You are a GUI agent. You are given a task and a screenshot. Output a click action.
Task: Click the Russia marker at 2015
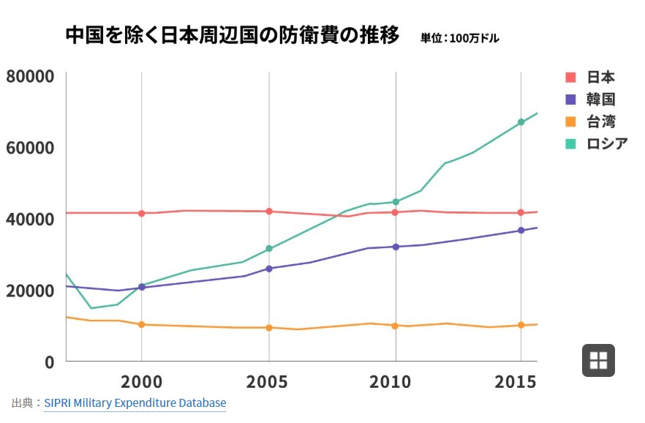click(x=521, y=122)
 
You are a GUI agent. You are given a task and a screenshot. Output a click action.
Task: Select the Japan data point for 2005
click(x=269, y=211)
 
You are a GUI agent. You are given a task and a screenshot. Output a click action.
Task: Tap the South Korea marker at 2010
click(x=396, y=247)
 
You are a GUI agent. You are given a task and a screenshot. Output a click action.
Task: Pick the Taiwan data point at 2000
click(x=142, y=325)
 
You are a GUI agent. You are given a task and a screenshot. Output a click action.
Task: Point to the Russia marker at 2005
click(x=269, y=249)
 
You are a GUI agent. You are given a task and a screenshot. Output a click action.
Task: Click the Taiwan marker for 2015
click(x=521, y=325)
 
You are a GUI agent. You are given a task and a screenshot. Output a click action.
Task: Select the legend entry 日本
click(x=590, y=77)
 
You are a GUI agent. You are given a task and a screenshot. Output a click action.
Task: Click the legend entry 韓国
click(x=590, y=100)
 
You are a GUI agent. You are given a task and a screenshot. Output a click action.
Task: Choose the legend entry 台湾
click(x=590, y=121)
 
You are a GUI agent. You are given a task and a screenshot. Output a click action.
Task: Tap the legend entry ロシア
click(x=597, y=143)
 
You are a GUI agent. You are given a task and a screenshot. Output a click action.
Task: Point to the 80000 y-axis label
click(x=30, y=77)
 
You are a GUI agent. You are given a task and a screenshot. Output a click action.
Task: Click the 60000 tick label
click(x=30, y=148)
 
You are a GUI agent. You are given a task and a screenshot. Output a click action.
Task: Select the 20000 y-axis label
click(x=30, y=291)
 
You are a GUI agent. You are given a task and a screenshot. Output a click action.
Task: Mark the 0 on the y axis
click(x=50, y=362)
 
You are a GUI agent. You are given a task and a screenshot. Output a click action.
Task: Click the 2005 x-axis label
click(x=266, y=382)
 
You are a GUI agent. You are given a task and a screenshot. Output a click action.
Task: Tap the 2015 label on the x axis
click(x=516, y=382)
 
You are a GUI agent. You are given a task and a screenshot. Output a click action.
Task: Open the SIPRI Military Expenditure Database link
click(x=135, y=403)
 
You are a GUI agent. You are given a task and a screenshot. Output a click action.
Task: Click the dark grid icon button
click(x=598, y=361)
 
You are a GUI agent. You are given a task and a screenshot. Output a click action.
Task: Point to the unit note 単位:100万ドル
click(x=459, y=38)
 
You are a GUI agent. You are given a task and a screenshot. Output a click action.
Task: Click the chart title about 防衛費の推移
click(x=233, y=35)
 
